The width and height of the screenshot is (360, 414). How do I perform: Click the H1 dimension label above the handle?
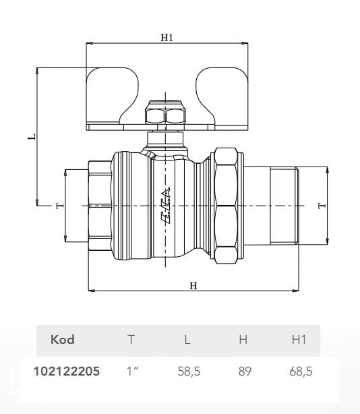click(167, 38)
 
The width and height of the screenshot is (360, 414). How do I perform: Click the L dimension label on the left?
click(30, 136)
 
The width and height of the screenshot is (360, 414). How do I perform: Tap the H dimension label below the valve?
click(193, 285)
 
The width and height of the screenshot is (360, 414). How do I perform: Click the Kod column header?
click(62, 340)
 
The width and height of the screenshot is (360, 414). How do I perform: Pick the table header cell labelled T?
click(131, 340)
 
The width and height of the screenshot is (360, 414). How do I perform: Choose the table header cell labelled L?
click(187, 340)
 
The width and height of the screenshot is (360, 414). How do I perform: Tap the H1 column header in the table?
click(298, 340)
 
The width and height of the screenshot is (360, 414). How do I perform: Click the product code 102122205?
click(66, 371)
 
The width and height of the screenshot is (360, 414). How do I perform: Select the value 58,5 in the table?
click(188, 371)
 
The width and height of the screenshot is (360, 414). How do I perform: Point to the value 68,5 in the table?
click(299, 371)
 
